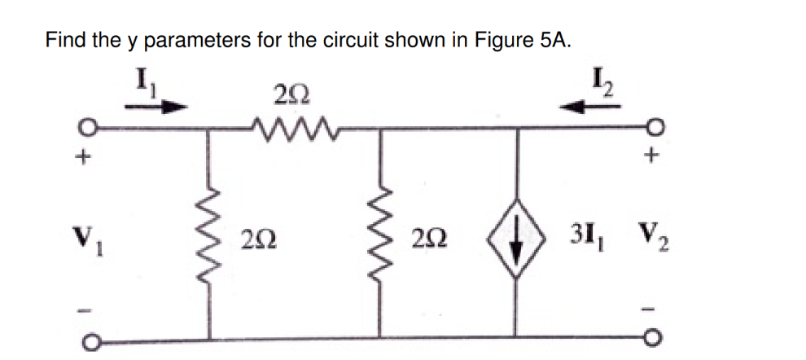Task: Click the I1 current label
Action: pyautogui.click(x=142, y=82)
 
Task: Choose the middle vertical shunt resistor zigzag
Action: pyautogui.click(x=380, y=239)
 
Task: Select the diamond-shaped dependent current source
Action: pyautogui.click(x=516, y=239)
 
